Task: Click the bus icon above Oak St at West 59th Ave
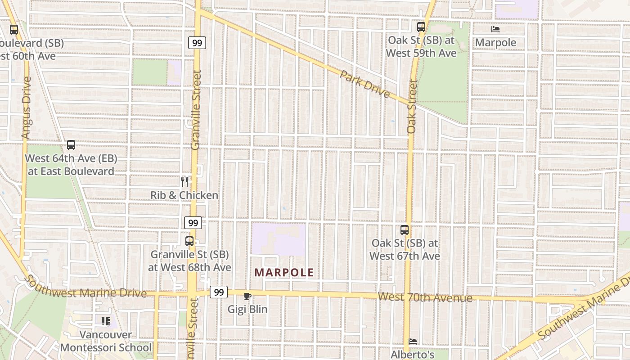coord(421,27)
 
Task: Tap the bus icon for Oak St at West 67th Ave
coord(405,230)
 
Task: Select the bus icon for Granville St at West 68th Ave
coord(189,241)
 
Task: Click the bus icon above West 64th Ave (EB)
coord(71,145)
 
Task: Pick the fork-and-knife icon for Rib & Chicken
coord(184,181)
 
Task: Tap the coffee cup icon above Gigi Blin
coord(247,296)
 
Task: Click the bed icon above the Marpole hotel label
coord(495,29)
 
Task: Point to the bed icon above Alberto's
coord(412,342)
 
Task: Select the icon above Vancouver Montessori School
coord(106,321)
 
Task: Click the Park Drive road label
coord(364,84)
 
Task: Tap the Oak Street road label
coord(412,106)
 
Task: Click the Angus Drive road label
coord(27,108)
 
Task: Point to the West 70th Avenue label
coord(425,297)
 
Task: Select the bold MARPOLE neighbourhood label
coord(283,273)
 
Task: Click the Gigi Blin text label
coord(247,309)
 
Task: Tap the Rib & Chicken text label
coord(184,195)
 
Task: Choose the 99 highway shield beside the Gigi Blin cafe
coord(219,292)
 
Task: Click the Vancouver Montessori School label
coord(106,341)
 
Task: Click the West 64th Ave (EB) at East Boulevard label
coord(71,165)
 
